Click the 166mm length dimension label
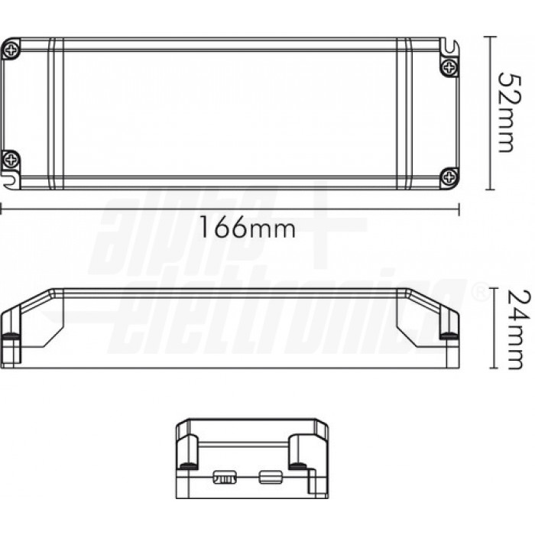(x=247, y=227)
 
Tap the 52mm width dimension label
(x=510, y=112)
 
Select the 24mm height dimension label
(x=519, y=329)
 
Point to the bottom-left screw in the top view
(x=11, y=159)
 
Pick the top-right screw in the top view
(x=449, y=67)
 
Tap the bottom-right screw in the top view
(x=449, y=177)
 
